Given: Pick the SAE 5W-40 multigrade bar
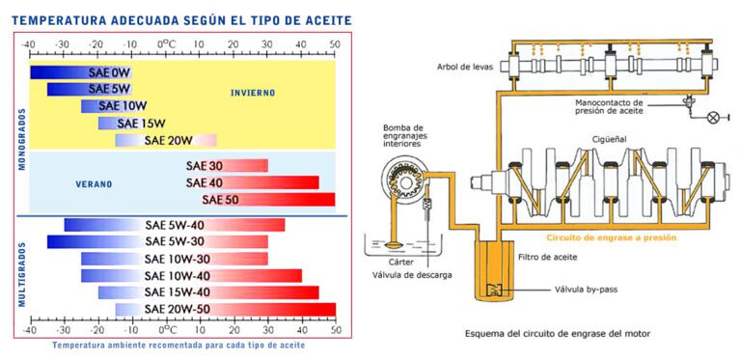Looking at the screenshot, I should (174, 225).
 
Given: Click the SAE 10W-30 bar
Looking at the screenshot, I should (174, 259).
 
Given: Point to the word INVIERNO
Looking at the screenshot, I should (253, 94).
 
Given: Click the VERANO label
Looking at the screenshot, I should (95, 183).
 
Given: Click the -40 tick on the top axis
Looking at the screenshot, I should (30, 44).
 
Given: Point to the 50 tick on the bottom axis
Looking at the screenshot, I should (335, 329).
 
